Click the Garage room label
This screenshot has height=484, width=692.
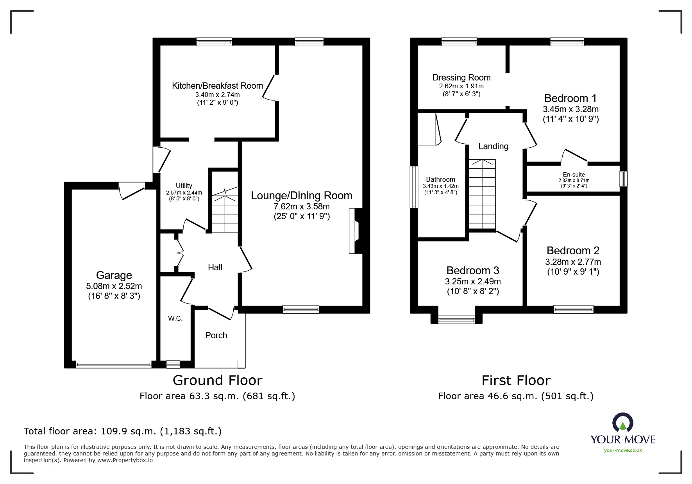point(114,275)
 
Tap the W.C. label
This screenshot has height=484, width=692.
point(175,318)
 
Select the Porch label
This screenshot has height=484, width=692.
point(216,335)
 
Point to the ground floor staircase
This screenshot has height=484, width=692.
point(225,211)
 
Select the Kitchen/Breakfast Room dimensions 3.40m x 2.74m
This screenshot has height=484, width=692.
point(217,95)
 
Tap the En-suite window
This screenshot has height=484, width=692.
point(624,179)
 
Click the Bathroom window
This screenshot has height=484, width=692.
point(413,187)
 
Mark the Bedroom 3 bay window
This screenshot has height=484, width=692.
point(456,320)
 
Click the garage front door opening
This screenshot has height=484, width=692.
point(114,365)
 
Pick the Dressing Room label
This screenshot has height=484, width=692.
point(461,77)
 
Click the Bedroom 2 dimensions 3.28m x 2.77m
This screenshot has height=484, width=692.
point(573,262)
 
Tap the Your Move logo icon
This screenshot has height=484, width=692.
point(622,423)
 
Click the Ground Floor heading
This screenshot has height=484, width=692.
point(217,380)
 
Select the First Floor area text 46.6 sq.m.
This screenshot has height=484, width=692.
point(515,396)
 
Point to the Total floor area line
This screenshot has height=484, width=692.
point(123,431)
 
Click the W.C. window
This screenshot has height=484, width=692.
point(173,364)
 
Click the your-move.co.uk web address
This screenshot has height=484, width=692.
point(623,450)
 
